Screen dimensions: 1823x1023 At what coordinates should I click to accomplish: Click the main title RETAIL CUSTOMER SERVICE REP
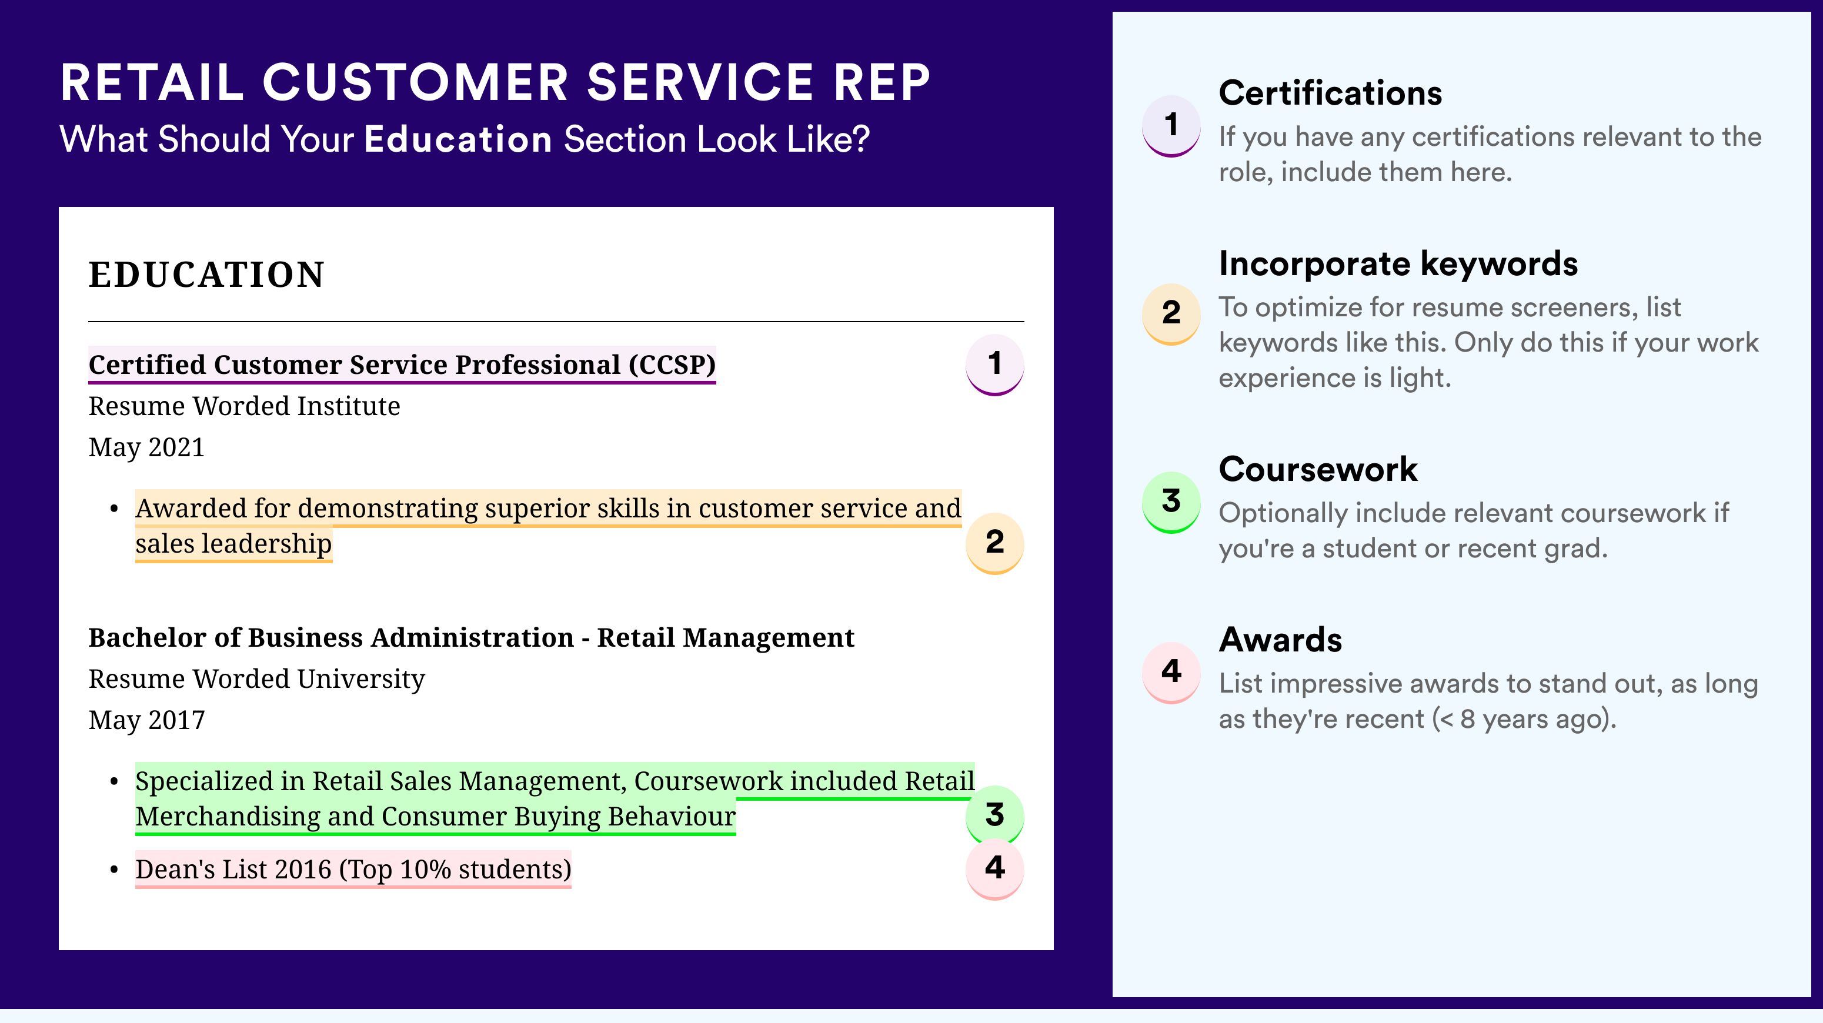495,82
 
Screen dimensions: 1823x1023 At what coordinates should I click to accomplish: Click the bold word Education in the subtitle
458,139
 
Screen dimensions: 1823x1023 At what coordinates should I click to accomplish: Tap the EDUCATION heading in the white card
206,275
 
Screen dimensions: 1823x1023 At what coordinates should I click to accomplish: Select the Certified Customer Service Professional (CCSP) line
402,365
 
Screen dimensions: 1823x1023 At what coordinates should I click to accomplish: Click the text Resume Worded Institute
244,406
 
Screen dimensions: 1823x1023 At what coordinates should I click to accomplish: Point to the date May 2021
146,447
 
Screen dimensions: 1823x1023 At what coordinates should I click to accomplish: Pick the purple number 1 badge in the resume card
994,364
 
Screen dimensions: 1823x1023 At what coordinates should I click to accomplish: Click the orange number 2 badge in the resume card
994,543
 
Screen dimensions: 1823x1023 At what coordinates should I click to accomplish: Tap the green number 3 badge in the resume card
994,815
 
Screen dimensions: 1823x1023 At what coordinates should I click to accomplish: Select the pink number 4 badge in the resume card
994,868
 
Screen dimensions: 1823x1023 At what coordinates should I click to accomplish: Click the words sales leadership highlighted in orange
233,543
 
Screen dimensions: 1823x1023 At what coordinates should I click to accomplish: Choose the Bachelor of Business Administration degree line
471,637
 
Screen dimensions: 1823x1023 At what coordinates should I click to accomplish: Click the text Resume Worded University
257,678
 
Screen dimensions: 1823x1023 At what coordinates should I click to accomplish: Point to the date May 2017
146,720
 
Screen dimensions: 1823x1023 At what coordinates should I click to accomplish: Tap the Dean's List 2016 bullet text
353,869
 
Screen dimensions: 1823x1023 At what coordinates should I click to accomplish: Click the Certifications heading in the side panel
1330,93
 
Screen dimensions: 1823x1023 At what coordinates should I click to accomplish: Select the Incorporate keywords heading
1398,264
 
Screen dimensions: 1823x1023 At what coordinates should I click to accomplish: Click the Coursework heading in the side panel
1318,469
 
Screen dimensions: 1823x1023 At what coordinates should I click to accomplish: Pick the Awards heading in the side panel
1280,640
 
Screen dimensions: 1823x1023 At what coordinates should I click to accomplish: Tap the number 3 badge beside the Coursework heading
1171,502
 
